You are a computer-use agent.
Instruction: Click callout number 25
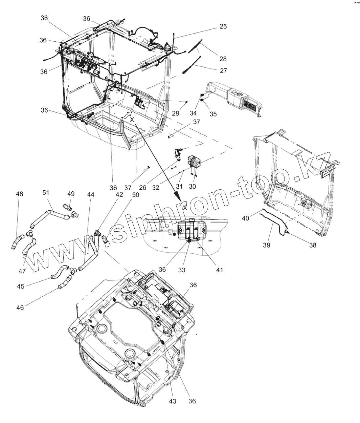[x=223, y=26]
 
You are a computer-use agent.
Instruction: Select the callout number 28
[x=223, y=59]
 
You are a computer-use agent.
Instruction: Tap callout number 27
[x=223, y=71]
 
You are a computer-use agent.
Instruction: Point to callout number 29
[x=175, y=113]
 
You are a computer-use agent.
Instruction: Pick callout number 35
[x=213, y=114]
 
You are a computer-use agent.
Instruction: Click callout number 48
[x=20, y=194]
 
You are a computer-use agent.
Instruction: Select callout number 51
[x=46, y=192]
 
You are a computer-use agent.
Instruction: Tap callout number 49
[x=70, y=194]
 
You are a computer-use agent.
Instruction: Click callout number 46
[x=20, y=308]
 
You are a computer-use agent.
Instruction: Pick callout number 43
[x=173, y=401]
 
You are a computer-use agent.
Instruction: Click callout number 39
[x=267, y=245]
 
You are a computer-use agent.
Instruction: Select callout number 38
[x=313, y=245]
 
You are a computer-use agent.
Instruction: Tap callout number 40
[x=245, y=219]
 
